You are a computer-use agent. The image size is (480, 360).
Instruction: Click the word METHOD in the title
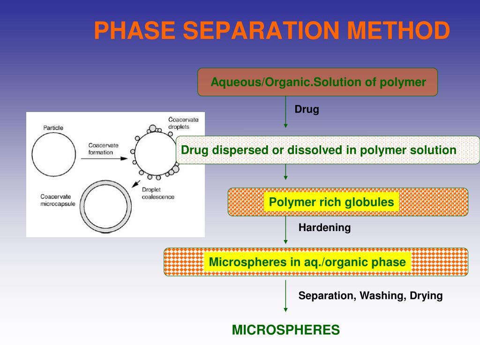(x=398, y=30)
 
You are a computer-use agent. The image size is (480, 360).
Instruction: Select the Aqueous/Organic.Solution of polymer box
(x=318, y=82)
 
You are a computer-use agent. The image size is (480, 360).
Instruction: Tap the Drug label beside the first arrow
(x=307, y=110)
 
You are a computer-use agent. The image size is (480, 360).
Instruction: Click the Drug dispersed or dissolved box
(x=319, y=150)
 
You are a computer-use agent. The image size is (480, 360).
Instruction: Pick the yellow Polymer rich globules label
(x=331, y=202)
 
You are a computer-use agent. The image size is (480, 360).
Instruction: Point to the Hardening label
(x=324, y=228)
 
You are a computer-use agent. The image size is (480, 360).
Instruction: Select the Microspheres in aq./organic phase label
(x=307, y=262)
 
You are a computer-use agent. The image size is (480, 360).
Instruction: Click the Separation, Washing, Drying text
(x=370, y=296)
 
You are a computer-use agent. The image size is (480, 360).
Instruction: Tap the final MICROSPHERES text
(x=285, y=330)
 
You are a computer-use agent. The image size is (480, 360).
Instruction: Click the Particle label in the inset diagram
(x=53, y=127)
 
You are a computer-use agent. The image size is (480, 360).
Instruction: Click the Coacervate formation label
(x=103, y=149)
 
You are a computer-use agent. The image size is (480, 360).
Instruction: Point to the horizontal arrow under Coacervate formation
(x=104, y=158)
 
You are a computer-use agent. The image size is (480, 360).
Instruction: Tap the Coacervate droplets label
(x=183, y=123)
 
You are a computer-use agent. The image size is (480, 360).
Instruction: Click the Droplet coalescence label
(x=158, y=193)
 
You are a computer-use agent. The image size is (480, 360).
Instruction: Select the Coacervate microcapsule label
(x=58, y=200)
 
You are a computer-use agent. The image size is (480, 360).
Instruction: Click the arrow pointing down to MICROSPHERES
(x=285, y=296)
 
